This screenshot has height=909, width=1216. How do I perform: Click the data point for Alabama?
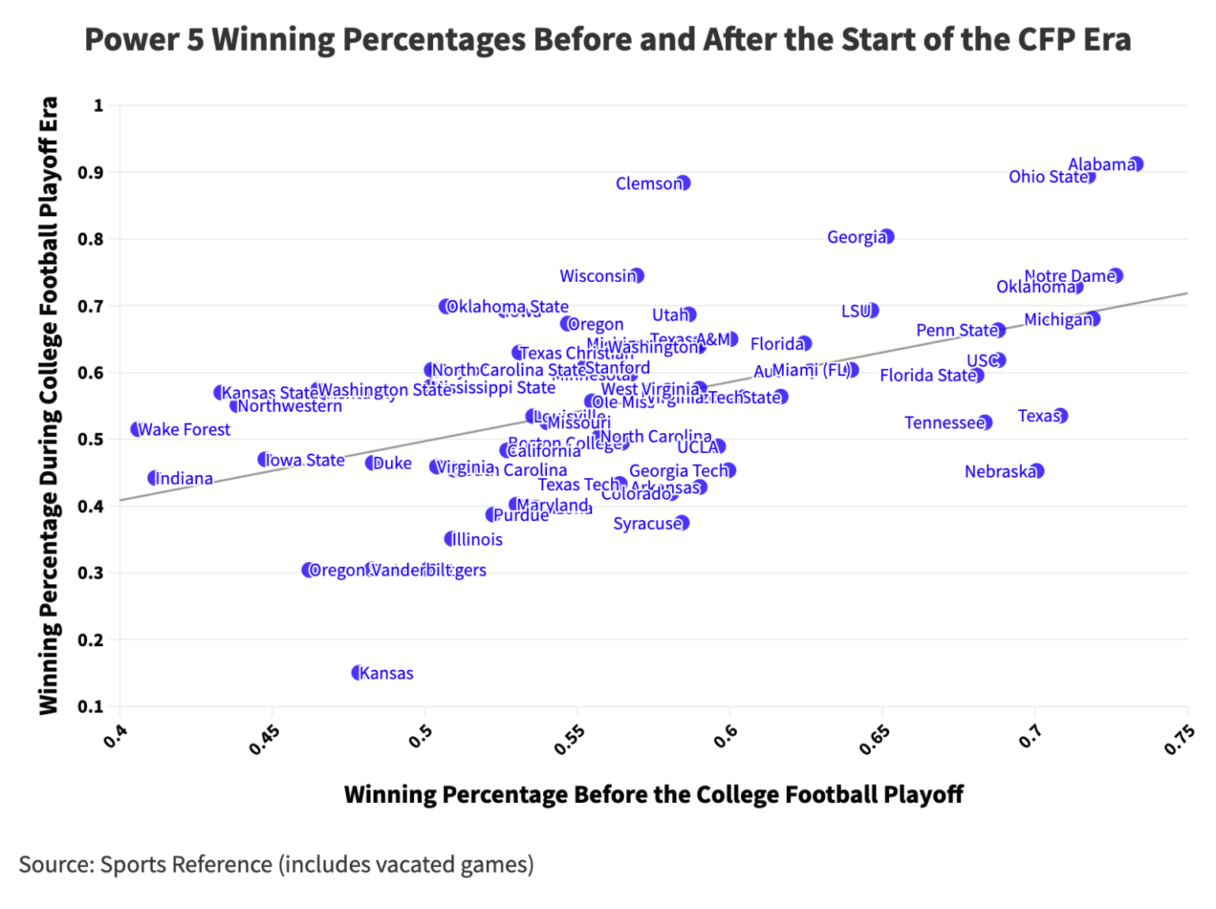tap(1136, 164)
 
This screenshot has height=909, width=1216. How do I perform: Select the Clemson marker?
tap(683, 183)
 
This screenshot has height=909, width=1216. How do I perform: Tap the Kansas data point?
tap(358, 672)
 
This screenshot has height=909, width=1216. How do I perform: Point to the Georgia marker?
tap(887, 237)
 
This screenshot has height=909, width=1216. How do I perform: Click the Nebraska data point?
tap(1037, 471)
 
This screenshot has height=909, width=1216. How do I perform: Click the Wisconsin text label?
tap(597, 276)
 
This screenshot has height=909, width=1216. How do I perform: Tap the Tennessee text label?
tap(944, 423)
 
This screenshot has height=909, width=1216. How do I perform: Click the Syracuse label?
tap(647, 523)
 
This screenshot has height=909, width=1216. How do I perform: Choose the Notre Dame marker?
tap(1116, 276)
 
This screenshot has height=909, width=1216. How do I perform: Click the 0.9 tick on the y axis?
tap(90, 173)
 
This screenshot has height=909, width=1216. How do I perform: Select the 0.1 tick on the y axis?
tap(90, 706)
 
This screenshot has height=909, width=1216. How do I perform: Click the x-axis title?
tap(653, 794)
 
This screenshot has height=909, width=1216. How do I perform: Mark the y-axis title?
tap(49, 405)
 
